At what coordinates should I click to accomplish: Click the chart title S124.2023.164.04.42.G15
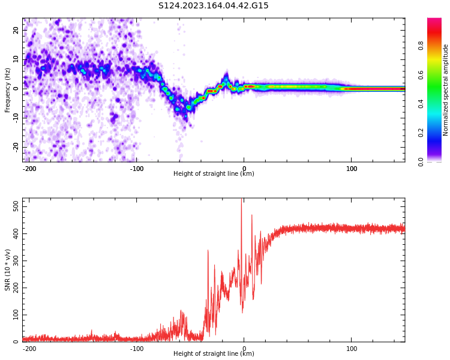coord(213,6)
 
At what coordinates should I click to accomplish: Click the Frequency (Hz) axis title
coord(8,90)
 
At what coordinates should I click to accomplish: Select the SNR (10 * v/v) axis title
coord(8,270)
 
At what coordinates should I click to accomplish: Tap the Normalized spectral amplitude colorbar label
coord(446,90)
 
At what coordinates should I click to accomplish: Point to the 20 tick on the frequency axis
coord(16,30)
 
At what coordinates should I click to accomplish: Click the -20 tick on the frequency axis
coord(15,147)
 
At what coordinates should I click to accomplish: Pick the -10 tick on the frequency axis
coord(15,118)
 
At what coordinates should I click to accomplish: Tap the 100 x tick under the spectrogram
coord(352,169)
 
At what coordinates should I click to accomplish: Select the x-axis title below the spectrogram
coord(214,174)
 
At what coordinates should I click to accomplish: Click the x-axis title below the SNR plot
coord(214,354)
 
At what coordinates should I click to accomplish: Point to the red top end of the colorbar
coord(434,20)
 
